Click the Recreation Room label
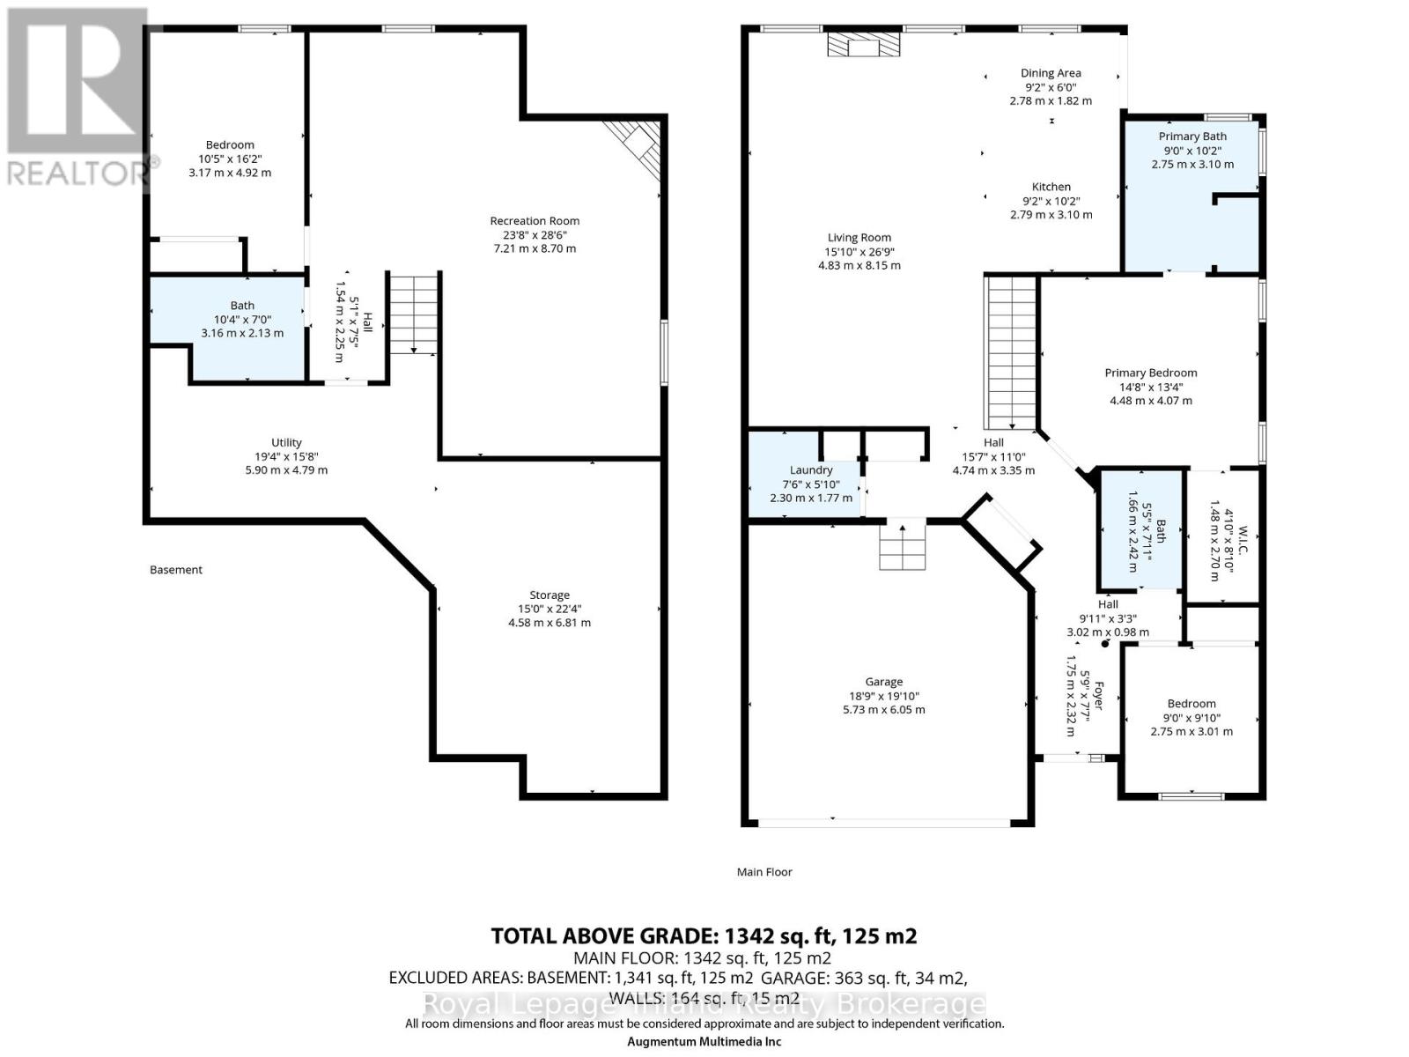click(x=535, y=221)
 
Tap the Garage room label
click(x=883, y=682)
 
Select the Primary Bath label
click(x=1192, y=137)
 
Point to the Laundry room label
click(x=811, y=470)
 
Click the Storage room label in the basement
click(x=550, y=595)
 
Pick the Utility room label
click(x=286, y=443)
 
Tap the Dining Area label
click(x=1051, y=73)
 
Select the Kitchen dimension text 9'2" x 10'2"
click(x=1051, y=201)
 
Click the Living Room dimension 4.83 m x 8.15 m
click(x=859, y=265)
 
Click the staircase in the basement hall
click(x=414, y=314)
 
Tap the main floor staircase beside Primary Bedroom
click(x=1011, y=352)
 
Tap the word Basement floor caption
click(x=176, y=570)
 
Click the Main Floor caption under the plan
click(x=764, y=872)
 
